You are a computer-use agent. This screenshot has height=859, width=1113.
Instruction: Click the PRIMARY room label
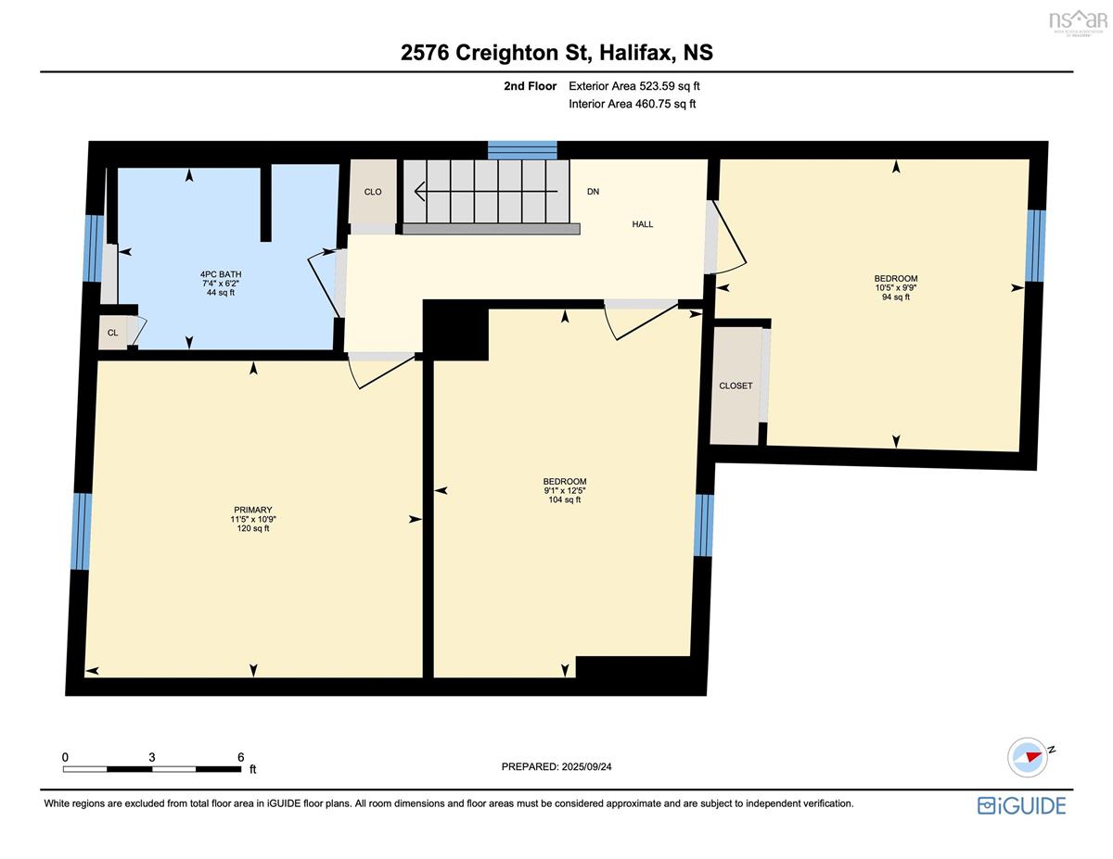pyautogui.click(x=252, y=510)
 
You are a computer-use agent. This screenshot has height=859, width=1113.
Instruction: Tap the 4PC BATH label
pyautogui.click(x=221, y=274)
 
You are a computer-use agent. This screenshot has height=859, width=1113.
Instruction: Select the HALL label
pyautogui.click(x=642, y=224)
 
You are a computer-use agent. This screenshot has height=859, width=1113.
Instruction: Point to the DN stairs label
pyautogui.click(x=593, y=191)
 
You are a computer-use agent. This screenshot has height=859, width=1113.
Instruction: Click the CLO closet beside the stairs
pyautogui.click(x=373, y=192)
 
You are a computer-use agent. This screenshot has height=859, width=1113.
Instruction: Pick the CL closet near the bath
pyautogui.click(x=112, y=333)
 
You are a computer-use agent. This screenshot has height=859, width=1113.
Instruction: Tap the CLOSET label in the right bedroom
pyautogui.click(x=736, y=385)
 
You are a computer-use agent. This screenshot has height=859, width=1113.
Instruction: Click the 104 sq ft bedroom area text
pyautogui.click(x=565, y=499)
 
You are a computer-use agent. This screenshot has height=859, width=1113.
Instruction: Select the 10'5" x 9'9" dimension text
pyautogui.click(x=896, y=287)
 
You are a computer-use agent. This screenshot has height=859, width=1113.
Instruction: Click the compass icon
pyautogui.click(x=1027, y=757)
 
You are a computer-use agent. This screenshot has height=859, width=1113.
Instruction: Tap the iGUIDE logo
pyautogui.click(x=1021, y=806)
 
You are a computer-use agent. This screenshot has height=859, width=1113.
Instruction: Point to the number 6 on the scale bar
pyautogui.click(x=241, y=757)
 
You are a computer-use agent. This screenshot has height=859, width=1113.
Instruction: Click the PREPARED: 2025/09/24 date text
pyautogui.click(x=556, y=766)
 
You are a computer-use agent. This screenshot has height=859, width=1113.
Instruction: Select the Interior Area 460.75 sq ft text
pyautogui.click(x=632, y=104)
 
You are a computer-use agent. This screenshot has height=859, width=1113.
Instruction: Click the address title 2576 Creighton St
pyautogui.click(x=496, y=53)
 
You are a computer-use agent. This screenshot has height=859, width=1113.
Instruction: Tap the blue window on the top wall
pyautogui.click(x=522, y=150)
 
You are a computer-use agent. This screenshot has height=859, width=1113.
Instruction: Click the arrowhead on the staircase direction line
pyautogui.click(x=419, y=191)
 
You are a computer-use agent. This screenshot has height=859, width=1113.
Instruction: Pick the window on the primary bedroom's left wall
pyautogui.click(x=81, y=531)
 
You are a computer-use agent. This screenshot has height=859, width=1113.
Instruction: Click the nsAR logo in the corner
pyautogui.click(x=1078, y=21)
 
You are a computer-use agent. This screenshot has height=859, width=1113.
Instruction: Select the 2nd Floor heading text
pyautogui.click(x=530, y=86)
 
